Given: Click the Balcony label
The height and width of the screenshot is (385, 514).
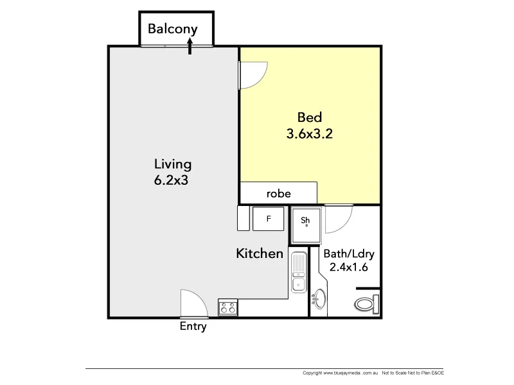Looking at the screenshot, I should (x=172, y=29).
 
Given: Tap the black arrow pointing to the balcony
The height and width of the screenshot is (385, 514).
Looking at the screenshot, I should (x=190, y=46).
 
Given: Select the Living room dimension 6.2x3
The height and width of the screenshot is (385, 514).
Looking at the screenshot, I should (x=171, y=180).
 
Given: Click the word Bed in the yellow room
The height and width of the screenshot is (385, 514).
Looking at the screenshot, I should (x=309, y=118).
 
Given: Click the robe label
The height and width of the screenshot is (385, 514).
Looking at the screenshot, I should (x=279, y=193).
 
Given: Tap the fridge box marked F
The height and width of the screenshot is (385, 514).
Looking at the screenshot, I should (x=269, y=219).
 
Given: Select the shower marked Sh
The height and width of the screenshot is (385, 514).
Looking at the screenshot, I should (x=306, y=223).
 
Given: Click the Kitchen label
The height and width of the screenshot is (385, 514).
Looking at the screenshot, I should (x=260, y=253).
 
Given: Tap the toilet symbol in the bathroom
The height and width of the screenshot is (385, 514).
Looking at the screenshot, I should (x=366, y=304).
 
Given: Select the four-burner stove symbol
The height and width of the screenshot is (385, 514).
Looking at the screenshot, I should (x=227, y=307).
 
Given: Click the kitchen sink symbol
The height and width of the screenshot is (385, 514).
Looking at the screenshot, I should (x=298, y=273).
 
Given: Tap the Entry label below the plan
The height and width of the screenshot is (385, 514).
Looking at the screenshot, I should (x=193, y=327).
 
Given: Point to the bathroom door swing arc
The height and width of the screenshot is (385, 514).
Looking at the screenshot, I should (x=339, y=220).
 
